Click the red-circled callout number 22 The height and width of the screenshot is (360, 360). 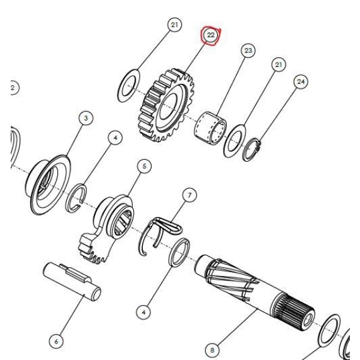click(210, 35)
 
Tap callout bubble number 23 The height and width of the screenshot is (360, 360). click(248, 51)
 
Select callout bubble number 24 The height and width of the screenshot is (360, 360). click(301, 81)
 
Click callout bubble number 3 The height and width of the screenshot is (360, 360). click(86, 118)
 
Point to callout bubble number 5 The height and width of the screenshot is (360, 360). click(144, 166)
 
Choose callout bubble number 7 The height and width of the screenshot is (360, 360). click(189, 195)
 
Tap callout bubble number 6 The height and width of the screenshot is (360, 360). click(56, 342)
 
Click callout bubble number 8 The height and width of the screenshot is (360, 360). click(212, 351)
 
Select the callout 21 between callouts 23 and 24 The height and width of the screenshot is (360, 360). click(279, 65)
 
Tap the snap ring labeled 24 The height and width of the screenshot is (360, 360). click(252, 150)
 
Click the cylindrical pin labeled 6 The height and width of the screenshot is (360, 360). click(72, 282)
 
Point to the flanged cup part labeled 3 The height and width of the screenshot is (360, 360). click(48, 184)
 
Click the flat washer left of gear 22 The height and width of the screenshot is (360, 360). click(129, 85)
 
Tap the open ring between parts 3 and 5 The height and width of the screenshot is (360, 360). click(76, 198)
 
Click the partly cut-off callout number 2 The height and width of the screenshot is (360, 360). click(14, 88)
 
